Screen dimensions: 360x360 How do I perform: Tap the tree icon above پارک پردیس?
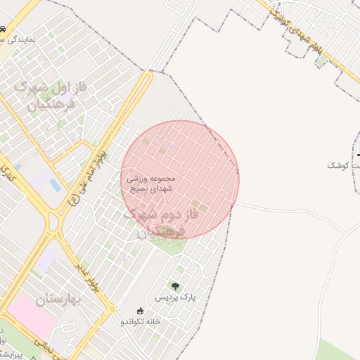click(174, 285)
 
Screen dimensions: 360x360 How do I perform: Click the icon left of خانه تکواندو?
click(140, 311)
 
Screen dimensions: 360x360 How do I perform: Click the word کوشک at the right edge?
click(341, 165)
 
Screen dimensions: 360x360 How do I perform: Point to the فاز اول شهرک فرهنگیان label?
click(51, 96)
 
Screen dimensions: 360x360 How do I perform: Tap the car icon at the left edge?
click(4, 29)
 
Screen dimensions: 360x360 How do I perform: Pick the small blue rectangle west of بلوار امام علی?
click(55, 185)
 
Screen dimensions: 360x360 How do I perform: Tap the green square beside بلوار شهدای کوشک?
click(322, 61)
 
